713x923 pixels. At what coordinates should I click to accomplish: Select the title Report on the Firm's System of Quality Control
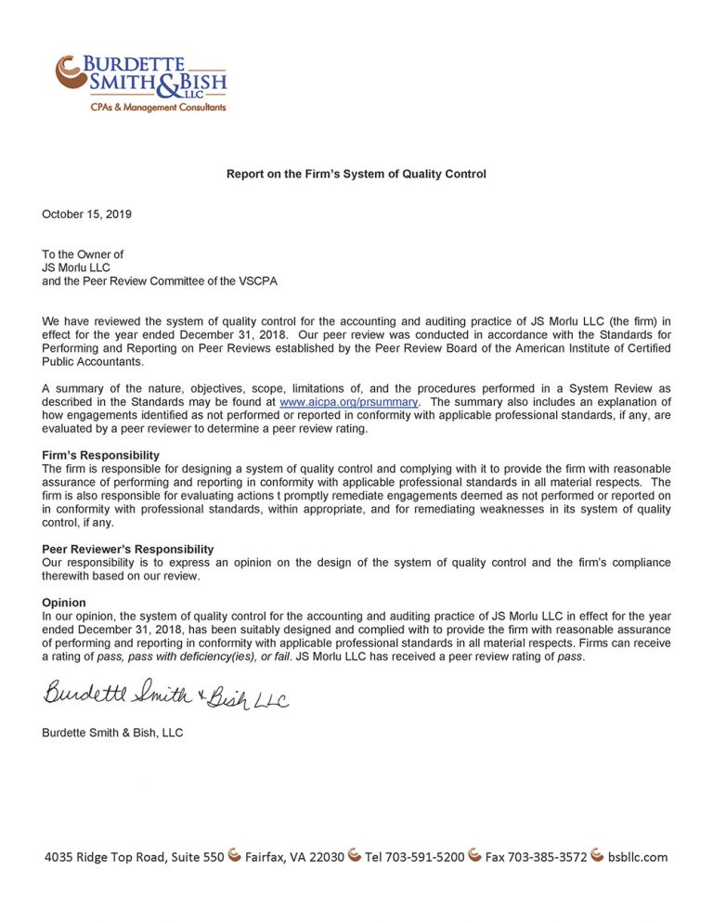pos(356,174)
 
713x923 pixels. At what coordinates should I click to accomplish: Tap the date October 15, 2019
pos(86,214)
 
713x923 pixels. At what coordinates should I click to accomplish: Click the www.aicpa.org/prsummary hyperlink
pos(348,402)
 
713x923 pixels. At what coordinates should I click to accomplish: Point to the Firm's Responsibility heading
pos(100,455)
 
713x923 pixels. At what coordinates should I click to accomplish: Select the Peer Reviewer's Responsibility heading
pos(127,549)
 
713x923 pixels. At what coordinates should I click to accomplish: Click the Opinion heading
pos(64,603)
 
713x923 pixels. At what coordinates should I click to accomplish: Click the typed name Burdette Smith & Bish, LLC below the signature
pos(112,733)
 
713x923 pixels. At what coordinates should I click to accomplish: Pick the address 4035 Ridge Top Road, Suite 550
pos(134,857)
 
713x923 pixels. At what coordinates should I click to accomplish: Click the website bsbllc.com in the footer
pos(638,857)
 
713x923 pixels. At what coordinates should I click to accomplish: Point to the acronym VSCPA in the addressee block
pos(256,280)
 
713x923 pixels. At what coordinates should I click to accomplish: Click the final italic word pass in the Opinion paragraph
pos(569,656)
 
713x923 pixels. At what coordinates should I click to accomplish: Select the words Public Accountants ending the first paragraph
pos(92,362)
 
